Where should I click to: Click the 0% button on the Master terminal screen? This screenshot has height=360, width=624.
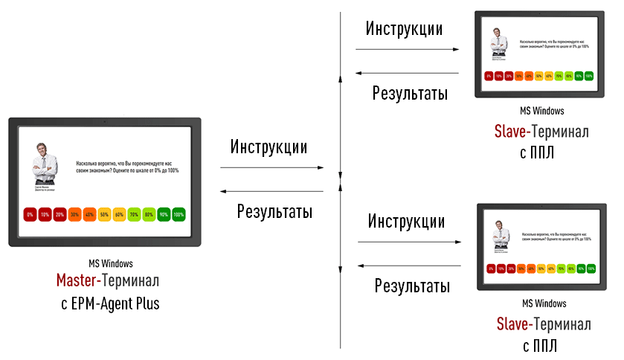pos(30,214)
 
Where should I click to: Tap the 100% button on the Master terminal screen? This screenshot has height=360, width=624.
pos(178,214)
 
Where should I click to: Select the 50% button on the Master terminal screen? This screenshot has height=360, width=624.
pos(105,214)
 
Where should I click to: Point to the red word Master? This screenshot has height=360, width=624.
pos(79,282)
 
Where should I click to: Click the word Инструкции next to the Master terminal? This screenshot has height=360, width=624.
pos(268,146)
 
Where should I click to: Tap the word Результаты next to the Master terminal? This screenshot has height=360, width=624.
pos(274,210)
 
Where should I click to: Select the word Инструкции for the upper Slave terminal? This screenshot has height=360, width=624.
pos(404,29)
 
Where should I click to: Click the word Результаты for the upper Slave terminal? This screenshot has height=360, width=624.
pos(410,94)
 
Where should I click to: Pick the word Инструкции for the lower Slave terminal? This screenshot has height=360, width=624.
pos(406,221)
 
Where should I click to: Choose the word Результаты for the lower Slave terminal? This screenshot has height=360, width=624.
pos(412,286)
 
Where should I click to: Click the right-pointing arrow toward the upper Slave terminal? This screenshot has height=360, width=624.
pos(408,49)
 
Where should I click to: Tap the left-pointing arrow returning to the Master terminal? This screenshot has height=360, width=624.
pos(272,190)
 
